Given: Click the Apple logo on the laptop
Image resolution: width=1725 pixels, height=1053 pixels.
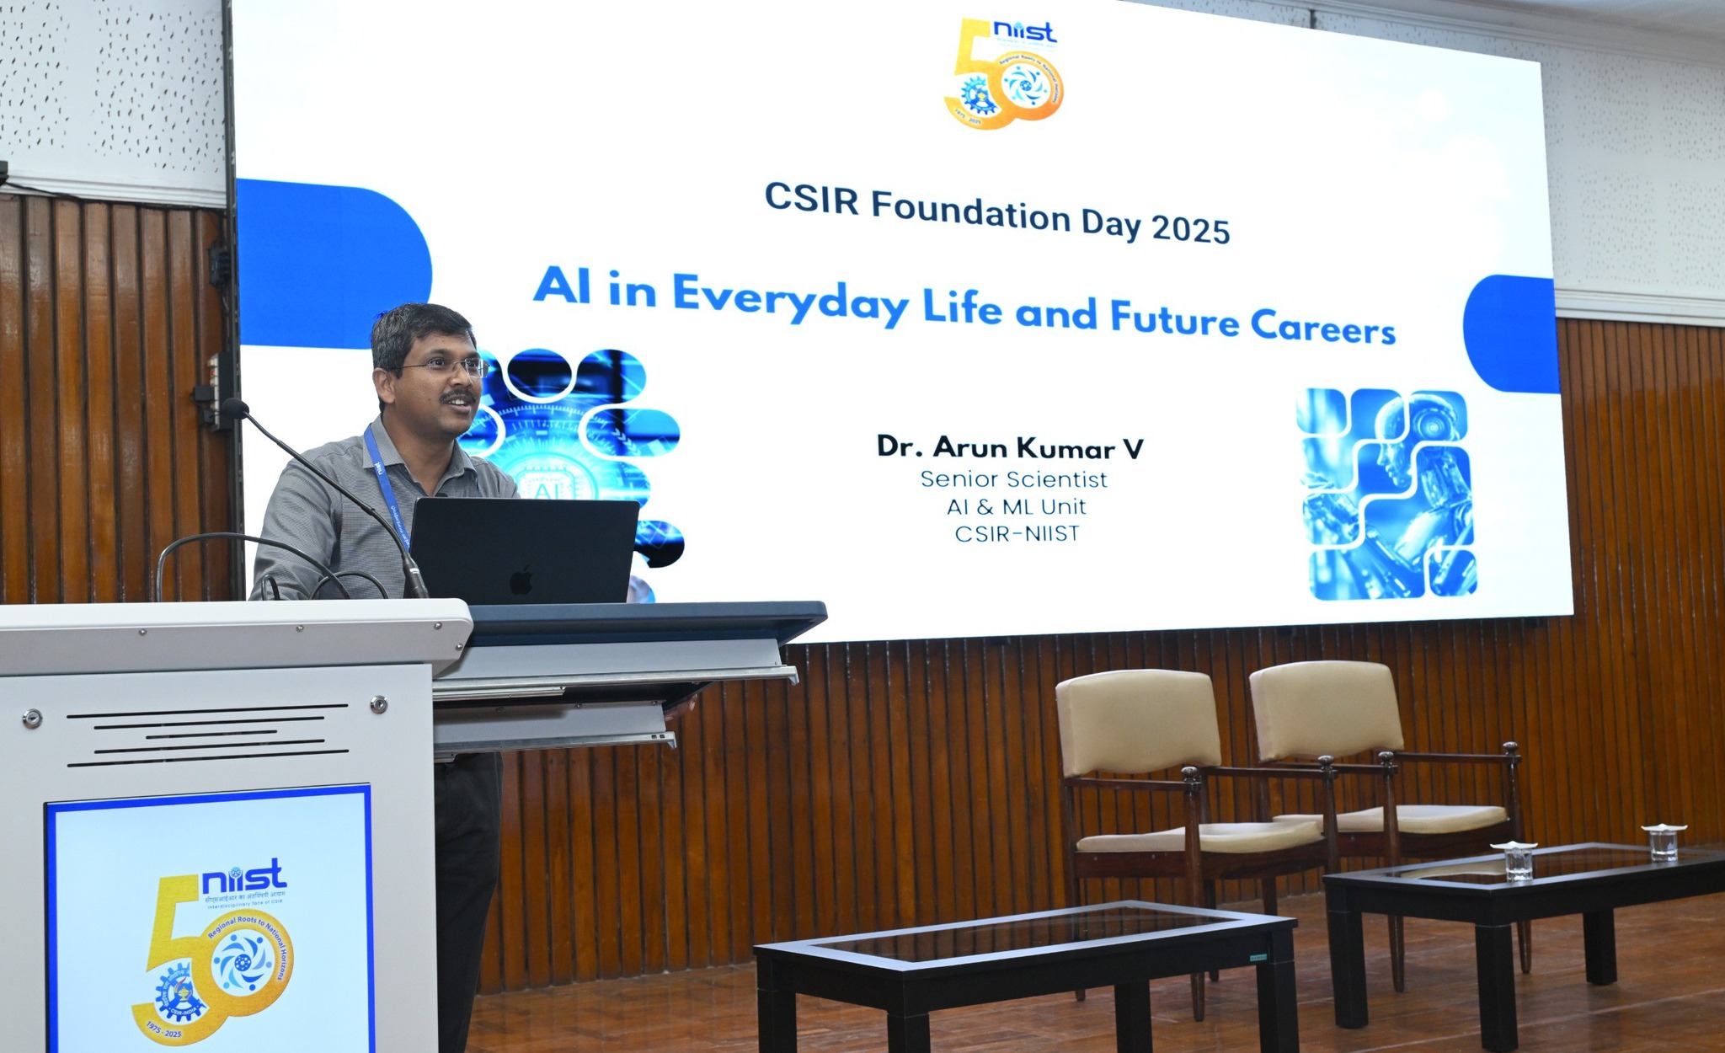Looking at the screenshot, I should tap(521, 580).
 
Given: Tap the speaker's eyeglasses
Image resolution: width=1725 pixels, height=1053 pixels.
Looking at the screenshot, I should tap(447, 367).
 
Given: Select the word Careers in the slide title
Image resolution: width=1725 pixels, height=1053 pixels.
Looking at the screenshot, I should tap(1322, 327).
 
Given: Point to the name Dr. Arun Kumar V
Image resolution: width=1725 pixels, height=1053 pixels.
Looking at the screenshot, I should tap(1010, 447).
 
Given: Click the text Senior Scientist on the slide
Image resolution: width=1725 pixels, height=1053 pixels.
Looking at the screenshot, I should tap(1013, 479).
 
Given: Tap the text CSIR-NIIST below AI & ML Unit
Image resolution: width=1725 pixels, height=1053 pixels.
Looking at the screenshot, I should tap(1017, 534).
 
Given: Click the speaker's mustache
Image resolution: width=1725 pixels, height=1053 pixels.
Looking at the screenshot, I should tap(460, 396).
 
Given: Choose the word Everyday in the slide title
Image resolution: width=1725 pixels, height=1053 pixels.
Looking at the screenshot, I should tap(790, 298).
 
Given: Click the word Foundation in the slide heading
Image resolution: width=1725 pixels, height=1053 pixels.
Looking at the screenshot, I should tap(970, 211).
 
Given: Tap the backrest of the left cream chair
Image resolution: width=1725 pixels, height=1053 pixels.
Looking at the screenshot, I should tap(1136, 720).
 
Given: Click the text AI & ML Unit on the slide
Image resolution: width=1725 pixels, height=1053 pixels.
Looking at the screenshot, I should tap(1016, 507).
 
